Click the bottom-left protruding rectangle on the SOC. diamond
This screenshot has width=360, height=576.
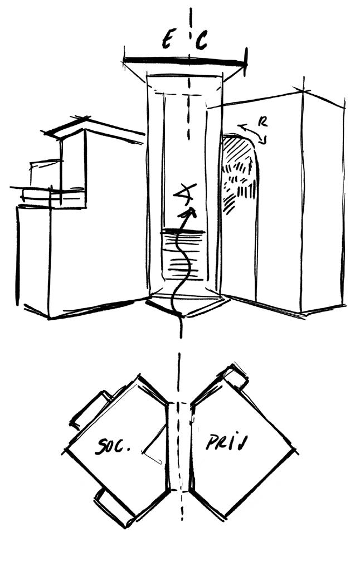(114, 507)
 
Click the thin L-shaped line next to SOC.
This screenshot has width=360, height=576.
(154, 446)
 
